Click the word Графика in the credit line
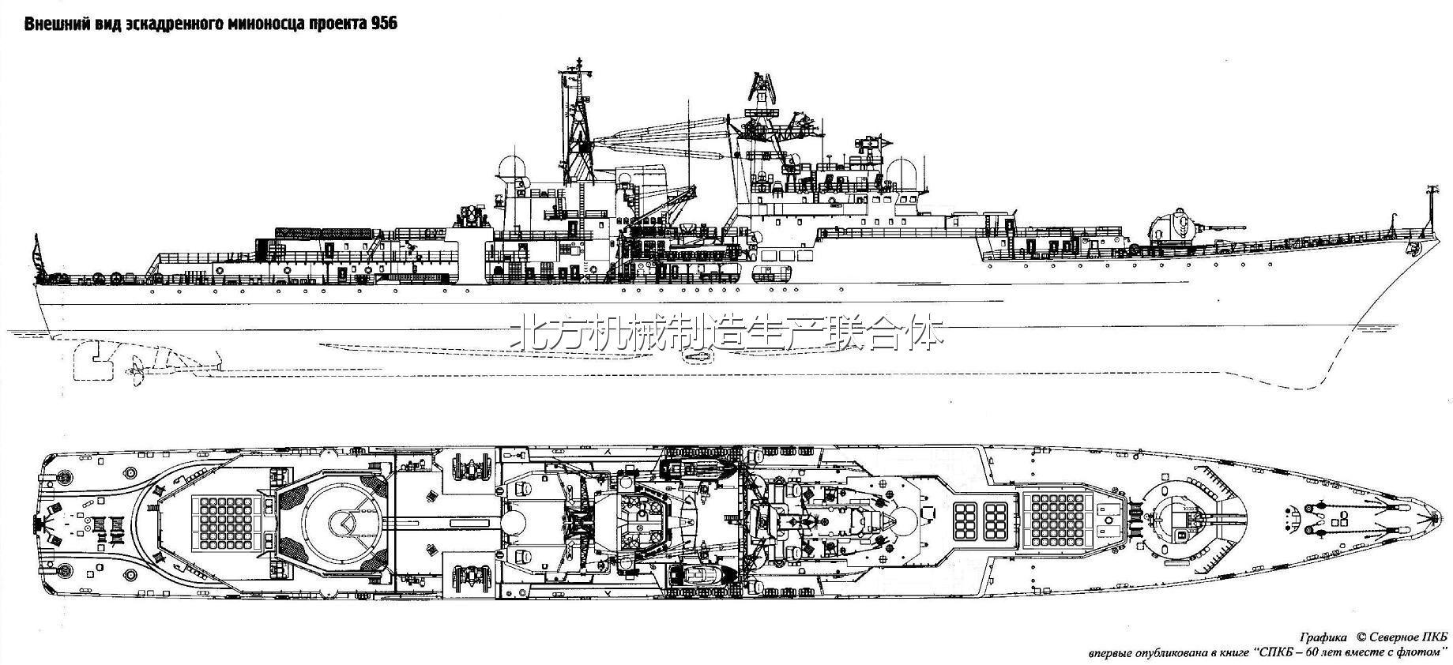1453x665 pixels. coord(1322,637)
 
